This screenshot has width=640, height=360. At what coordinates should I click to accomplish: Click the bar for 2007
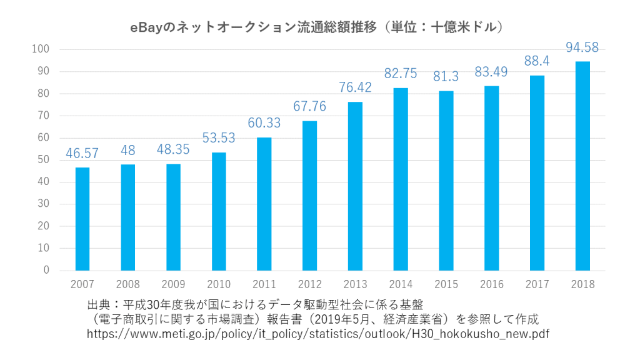coord(82,219)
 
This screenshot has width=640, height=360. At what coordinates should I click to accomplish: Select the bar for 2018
coord(582,166)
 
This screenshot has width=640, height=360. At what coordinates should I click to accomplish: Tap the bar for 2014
coord(401,179)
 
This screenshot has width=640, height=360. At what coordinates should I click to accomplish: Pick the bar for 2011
coord(264,204)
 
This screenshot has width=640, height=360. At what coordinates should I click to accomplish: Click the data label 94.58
coord(582,47)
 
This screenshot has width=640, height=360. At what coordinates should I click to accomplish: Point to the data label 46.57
coord(82,154)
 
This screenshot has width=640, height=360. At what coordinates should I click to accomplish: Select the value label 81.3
coord(446,77)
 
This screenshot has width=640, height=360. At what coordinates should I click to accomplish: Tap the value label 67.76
coord(309,107)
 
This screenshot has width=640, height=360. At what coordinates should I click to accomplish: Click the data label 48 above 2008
coord(128,151)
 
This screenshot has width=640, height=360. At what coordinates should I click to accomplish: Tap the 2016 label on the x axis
coord(492,285)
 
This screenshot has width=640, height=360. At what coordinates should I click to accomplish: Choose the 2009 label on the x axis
coord(173,285)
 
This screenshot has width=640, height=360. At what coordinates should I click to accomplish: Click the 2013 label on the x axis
coord(355,285)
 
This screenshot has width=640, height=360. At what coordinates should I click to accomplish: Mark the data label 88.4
coord(537,61)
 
